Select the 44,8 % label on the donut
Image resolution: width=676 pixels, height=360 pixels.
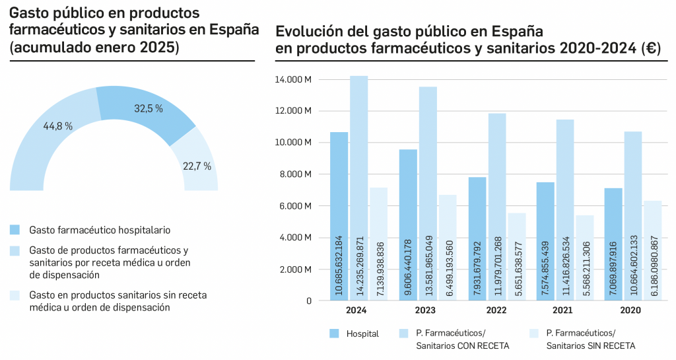(x=58, y=126)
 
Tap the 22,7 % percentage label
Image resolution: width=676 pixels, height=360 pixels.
(x=197, y=166)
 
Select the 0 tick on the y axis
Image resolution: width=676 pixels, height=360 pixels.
(x=308, y=301)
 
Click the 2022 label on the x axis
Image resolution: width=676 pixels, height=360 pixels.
(x=496, y=310)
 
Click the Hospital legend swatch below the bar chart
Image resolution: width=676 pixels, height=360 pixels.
(x=334, y=333)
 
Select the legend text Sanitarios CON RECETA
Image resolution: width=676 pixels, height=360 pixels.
(x=462, y=345)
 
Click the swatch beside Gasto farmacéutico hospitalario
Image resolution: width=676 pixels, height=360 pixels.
(x=15, y=230)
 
